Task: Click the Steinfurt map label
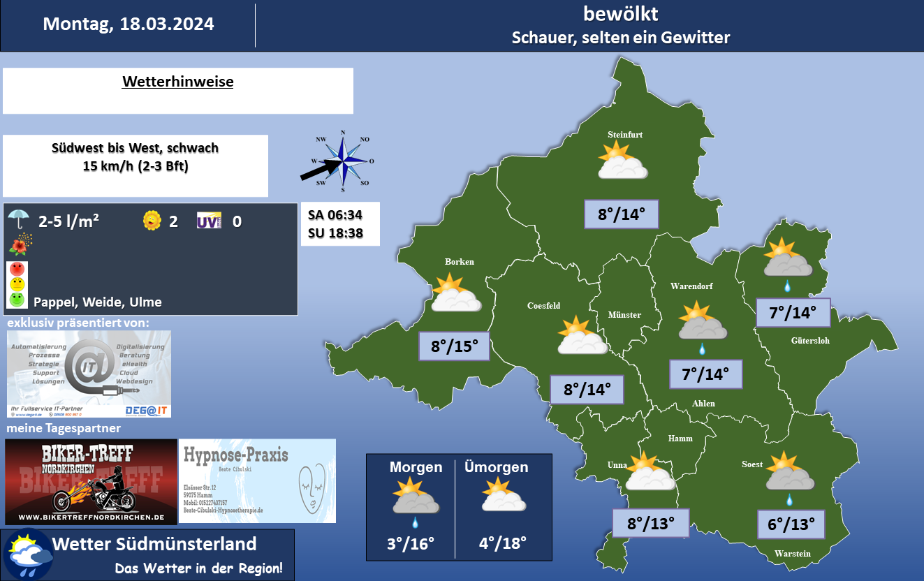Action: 624,135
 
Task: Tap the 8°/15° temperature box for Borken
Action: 454,346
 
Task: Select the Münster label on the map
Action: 624,315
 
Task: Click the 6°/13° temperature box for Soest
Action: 791,524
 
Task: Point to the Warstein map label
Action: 792,554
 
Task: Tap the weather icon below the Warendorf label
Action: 702,322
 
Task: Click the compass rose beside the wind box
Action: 343,161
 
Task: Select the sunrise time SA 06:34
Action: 335,214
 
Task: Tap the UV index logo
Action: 209,221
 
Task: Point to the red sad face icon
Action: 17,269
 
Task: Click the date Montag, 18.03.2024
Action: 129,24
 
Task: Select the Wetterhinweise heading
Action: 177,82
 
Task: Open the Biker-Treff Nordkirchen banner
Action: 91,482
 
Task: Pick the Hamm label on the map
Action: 680,438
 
